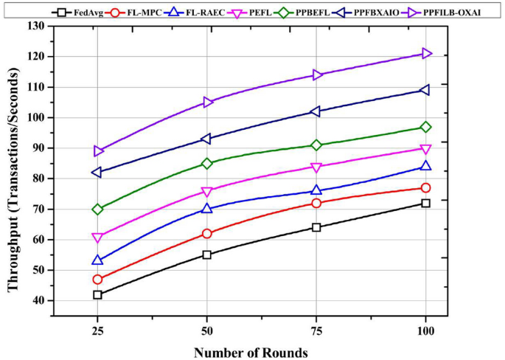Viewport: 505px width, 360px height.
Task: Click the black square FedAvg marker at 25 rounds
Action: tap(97, 294)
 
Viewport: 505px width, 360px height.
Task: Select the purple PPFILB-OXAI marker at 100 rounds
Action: tap(426, 53)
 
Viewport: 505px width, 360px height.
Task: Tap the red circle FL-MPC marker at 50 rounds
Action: tap(207, 234)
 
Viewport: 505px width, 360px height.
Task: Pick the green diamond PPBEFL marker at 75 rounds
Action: tap(316, 145)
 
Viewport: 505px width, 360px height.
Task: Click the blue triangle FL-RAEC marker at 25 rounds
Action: tap(97, 260)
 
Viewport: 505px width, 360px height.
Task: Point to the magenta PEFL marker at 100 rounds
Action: tap(426, 149)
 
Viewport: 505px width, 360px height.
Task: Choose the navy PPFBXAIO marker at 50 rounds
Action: tap(207, 139)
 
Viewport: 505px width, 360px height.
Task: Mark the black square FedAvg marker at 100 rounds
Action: tap(426, 203)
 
